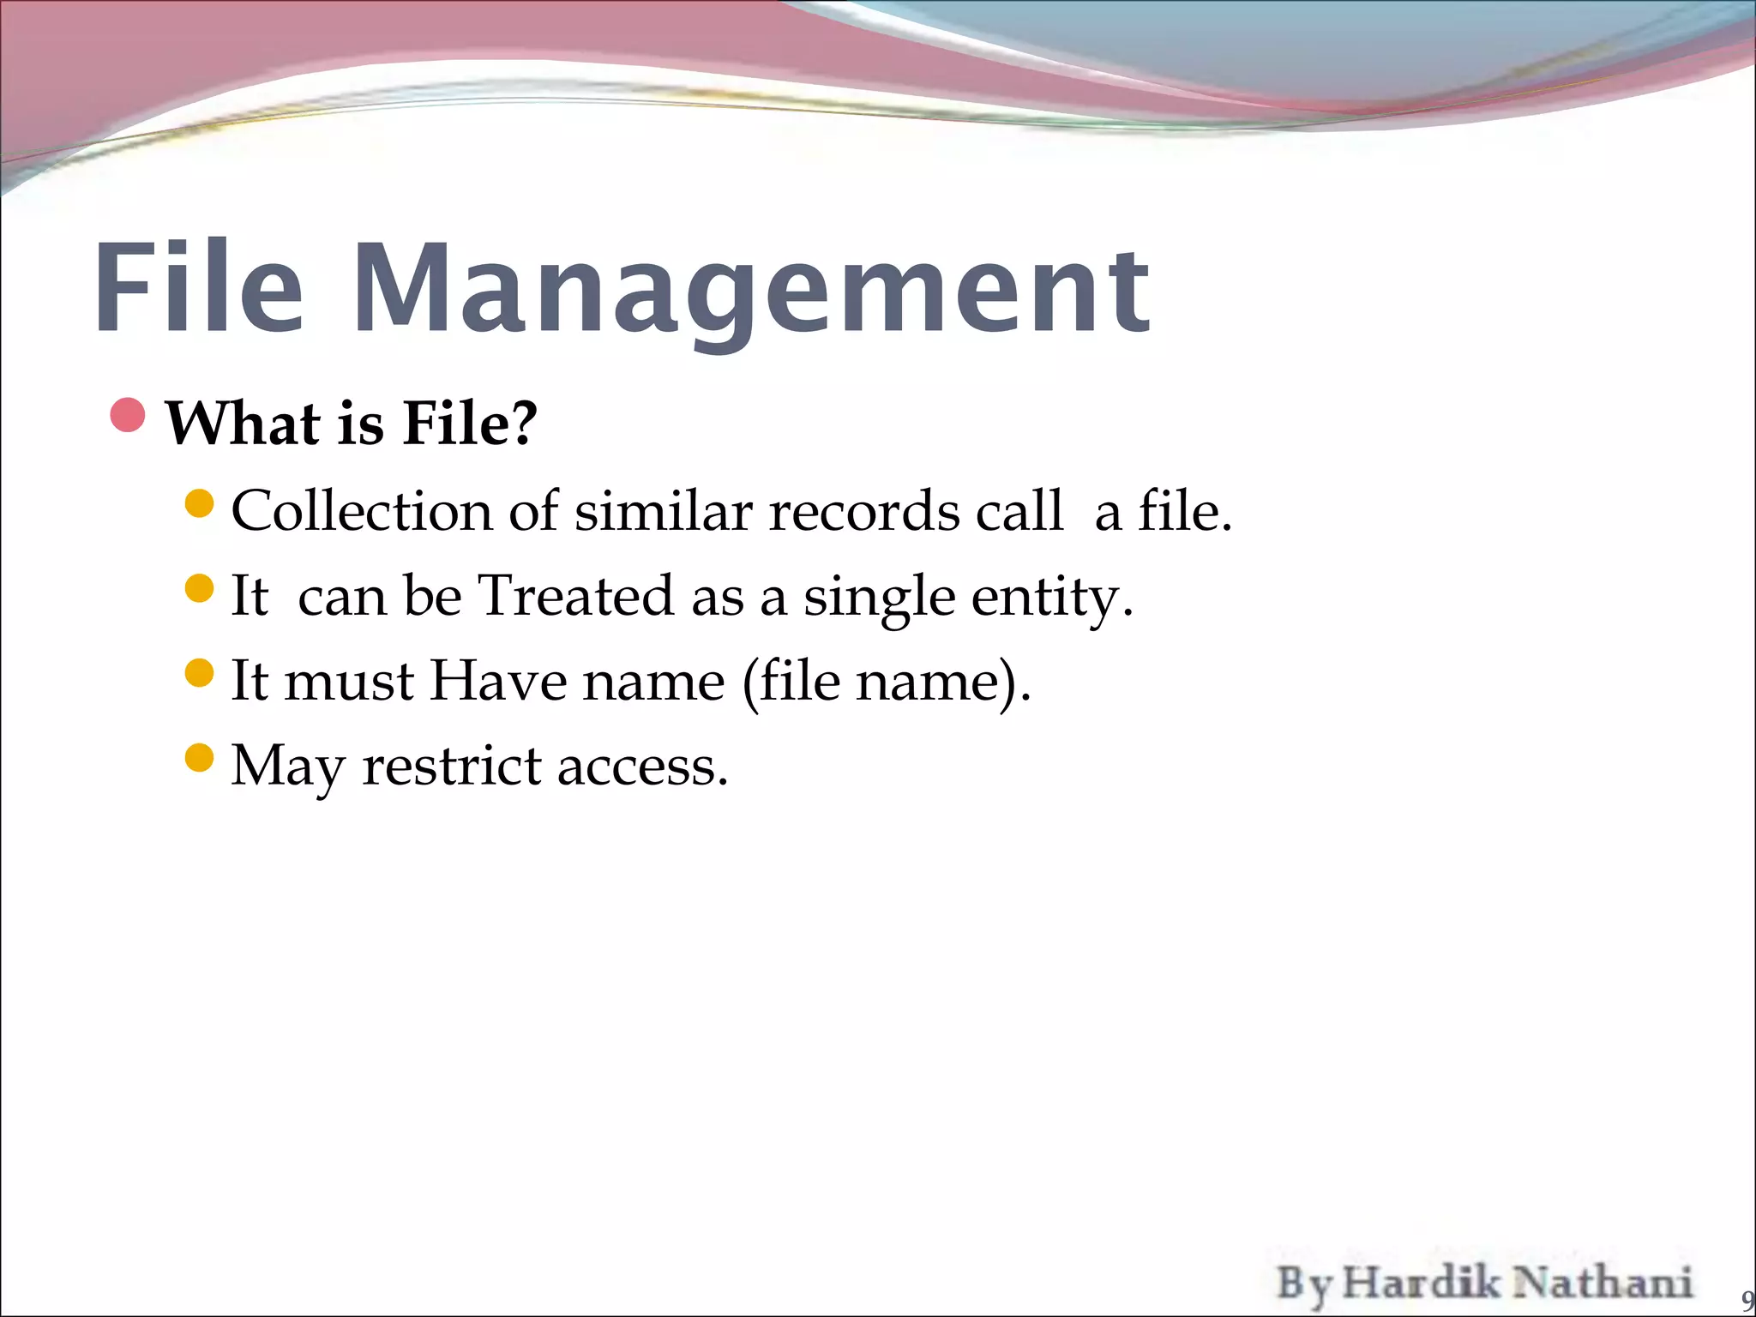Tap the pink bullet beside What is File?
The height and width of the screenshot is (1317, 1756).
pos(129,416)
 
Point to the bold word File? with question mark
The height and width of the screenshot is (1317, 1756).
pos(470,424)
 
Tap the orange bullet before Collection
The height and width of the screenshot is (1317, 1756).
pos(199,503)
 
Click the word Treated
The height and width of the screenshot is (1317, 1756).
pos(575,596)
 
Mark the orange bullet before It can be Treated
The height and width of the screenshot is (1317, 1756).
pos(199,588)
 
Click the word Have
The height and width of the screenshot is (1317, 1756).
pos(498,682)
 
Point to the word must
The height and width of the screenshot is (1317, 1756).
pos(349,683)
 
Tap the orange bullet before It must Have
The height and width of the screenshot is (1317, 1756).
pos(199,673)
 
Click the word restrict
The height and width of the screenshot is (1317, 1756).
pos(452,766)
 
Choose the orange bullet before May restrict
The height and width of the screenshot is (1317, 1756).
pos(199,758)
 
